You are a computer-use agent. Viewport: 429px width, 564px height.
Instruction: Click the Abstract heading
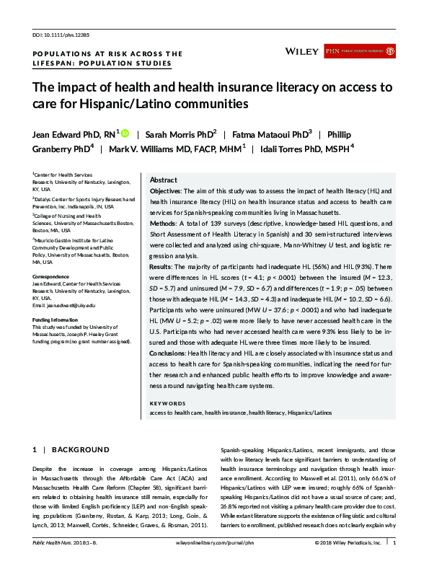pos(164,180)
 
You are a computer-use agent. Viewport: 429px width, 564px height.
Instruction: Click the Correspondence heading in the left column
pos(52,277)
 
